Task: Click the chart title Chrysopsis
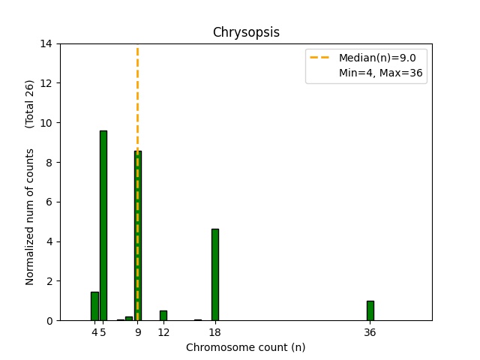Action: click(x=246, y=32)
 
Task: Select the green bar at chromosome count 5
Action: click(x=103, y=225)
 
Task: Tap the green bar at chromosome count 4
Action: click(x=94, y=306)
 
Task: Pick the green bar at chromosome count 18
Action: click(x=215, y=274)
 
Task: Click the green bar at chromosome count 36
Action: click(x=370, y=310)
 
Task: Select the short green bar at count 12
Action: click(x=163, y=316)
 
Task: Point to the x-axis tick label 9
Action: click(x=138, y=332)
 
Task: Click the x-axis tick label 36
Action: click(x=370, y=332)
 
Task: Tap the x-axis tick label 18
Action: click(x=215, y=332)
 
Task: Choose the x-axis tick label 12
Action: click(x=163, y=332)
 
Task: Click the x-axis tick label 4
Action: click(x=94, y=332)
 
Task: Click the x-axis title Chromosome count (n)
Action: click(x=246, y=347)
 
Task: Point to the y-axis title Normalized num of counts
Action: click(x=31, y=216)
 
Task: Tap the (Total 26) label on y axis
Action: click(x=31, y=103)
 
